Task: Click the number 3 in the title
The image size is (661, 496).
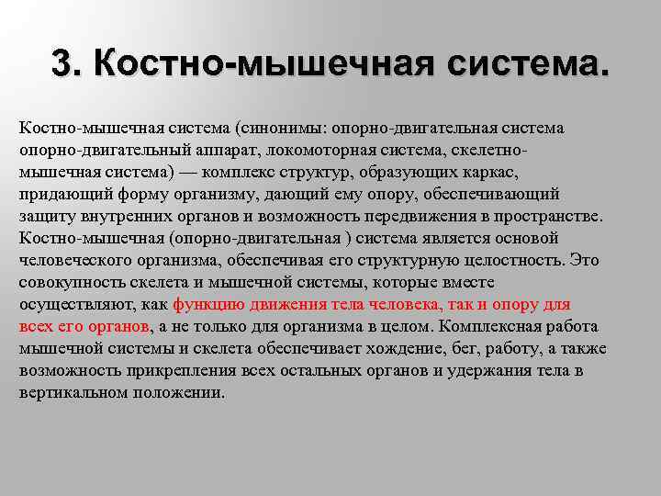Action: click(x=62, y=63)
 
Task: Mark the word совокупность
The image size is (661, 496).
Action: click(x=67, y=282)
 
